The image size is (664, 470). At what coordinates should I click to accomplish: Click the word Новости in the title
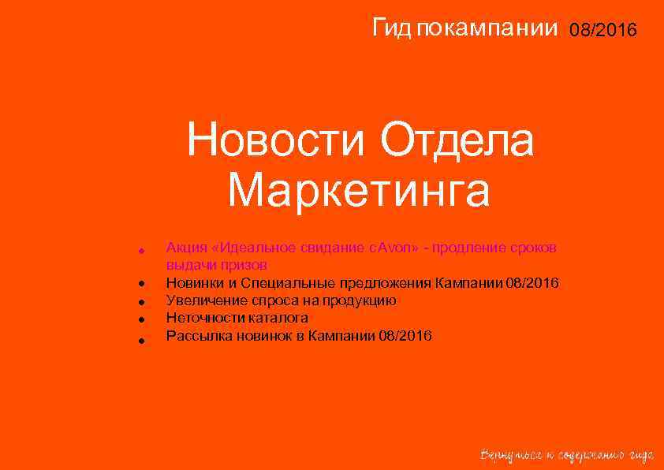(x=275, y=143)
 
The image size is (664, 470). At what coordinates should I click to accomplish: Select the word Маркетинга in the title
(x=359, y=190)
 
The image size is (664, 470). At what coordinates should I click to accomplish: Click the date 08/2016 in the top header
(x=602, y=31)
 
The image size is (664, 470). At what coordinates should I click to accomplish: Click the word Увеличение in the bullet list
(x=205, y=300)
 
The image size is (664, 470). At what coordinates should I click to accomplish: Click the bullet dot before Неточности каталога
(x=139, y=320)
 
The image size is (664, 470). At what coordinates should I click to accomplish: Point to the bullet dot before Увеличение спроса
(x=139, y=302)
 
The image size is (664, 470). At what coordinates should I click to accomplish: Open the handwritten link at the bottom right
(x=567, y=455)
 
